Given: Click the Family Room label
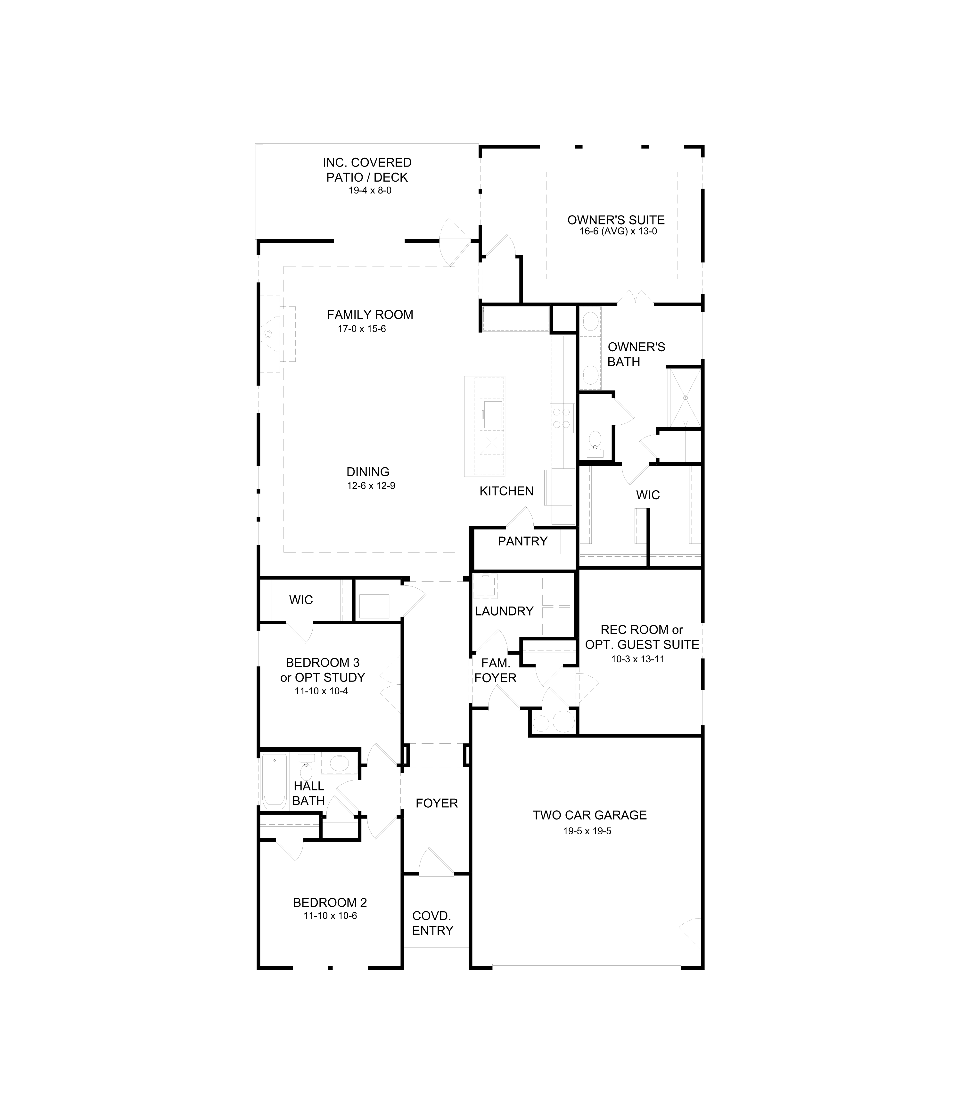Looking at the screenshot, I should [370, 315].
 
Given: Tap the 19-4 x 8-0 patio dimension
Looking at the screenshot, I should [370, 190].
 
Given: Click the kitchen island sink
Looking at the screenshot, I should [493, 414].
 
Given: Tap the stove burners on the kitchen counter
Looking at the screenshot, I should [562, 418].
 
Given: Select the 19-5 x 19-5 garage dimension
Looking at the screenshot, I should [587, 831].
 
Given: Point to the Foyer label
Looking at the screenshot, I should [437, 803].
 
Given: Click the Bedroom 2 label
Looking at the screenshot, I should [330, 903].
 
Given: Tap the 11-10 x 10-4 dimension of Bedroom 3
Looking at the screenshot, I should [321, 691].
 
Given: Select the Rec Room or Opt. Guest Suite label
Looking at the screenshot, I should [642, 637].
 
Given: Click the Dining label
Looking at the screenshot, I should [368, 472].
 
